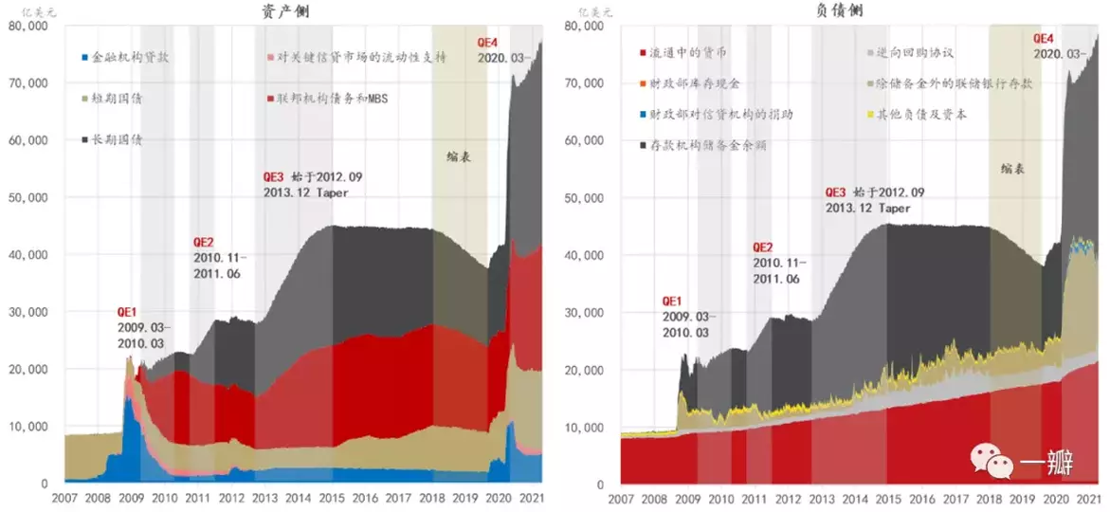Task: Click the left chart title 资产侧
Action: tap(285, 11)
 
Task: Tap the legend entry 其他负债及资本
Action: tap(923, 115)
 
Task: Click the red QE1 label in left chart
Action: tap(127, 311)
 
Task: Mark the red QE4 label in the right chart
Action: tap(1043, 39)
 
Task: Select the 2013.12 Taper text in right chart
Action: tap(867, 208)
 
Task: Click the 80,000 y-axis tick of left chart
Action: tap(27, 26)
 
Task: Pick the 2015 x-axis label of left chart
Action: tap(331, 499)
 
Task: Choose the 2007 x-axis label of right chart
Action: tap(620, 499)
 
